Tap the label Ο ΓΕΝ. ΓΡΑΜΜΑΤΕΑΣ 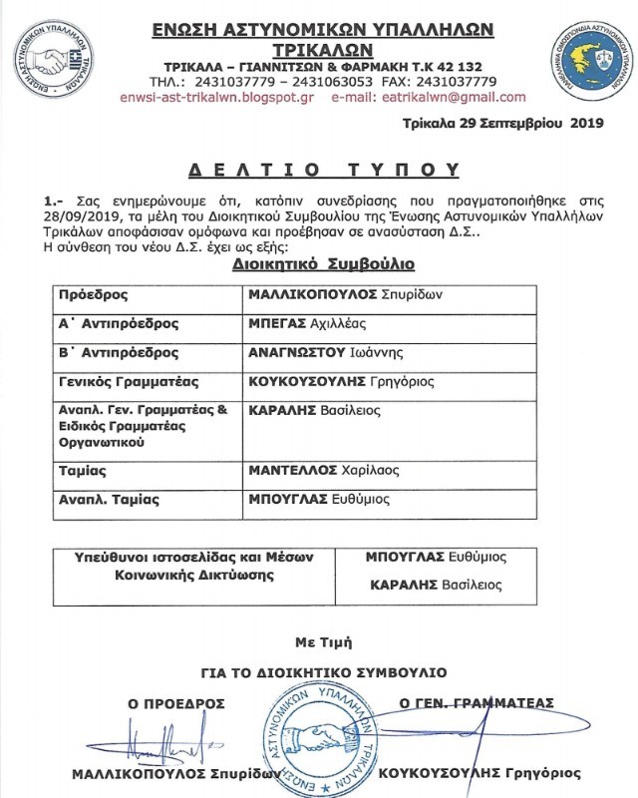pyautogui.click(x=476, y=703)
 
